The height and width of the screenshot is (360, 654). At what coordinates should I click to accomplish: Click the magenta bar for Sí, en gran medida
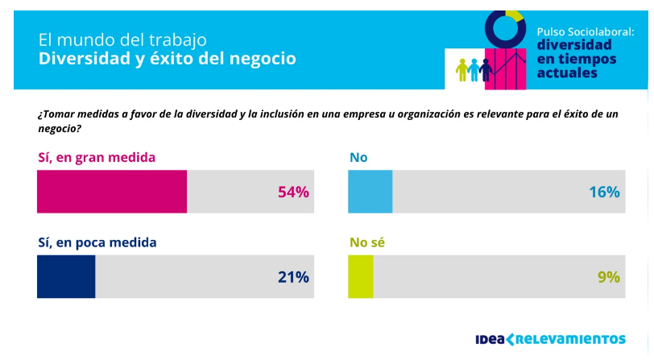coord(112,192)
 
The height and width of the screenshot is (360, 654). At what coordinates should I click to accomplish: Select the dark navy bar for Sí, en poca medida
coord(66,276)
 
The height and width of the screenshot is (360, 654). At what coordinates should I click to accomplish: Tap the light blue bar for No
coord(370,192)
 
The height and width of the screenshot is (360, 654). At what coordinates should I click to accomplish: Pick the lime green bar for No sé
coord(360,276)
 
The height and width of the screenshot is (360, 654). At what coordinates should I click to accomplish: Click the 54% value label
coord(293,192)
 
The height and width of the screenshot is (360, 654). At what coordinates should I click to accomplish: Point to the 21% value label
coord(293,277)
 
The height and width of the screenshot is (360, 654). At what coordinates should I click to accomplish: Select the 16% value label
coord(604,192)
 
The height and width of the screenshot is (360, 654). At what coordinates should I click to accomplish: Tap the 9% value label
coord(609,277)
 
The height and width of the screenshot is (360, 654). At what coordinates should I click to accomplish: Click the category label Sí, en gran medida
coord(96,157)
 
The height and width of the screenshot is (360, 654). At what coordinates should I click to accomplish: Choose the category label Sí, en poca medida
coord(97,242)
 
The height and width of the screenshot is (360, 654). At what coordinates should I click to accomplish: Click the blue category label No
coord(358,157)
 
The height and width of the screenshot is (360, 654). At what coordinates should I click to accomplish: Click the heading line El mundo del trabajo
coord(122,39)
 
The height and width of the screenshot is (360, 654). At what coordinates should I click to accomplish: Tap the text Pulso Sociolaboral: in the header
coord(586,31)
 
